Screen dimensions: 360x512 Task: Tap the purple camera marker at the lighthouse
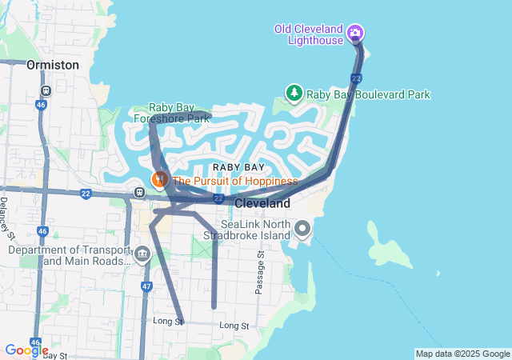pos(355,34)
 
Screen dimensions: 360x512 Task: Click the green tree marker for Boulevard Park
pos(294,94)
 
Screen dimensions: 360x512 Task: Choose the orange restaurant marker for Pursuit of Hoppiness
pos(159,180)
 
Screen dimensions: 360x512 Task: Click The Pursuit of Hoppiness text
pos(234,181)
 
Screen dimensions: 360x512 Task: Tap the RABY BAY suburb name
pos(238,166)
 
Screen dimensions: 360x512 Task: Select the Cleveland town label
pos(262,204)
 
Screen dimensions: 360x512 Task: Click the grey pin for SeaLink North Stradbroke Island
pos(302,230)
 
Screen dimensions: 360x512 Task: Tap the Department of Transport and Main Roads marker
pos(142,255)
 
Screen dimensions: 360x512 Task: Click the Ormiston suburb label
pos(53,64)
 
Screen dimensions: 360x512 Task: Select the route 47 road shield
pos(146,286)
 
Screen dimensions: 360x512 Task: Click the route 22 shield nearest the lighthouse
pos(356,77)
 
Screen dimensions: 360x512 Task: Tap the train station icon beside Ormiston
pos(47,90)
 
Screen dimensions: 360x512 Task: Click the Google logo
pos(26,350)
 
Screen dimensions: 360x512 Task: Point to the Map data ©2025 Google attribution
pos(462,354)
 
